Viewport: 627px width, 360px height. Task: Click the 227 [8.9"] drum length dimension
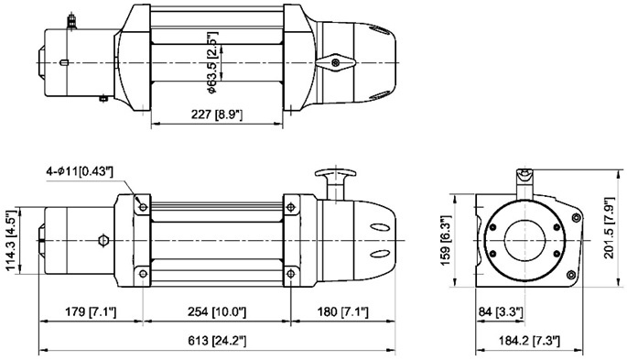pyautogui.click(x=217, y=115)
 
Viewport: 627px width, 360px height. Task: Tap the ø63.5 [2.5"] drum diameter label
pyautogui.click(x=212, y=62)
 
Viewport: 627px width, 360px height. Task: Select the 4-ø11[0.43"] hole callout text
pyautogui.click(x=80, y=172)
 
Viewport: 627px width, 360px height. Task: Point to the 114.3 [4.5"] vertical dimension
pyautogui.click(x=11, y=240)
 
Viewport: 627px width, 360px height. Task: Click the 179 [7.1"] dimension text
pyautogui.click(x=91, y=311)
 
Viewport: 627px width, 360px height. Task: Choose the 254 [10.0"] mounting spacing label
pyautogui.click(x=217, y=311)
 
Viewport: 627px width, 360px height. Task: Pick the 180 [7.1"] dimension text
pyautogui.click(x=342, y=311)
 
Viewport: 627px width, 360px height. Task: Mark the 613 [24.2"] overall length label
pyautogui.click(x=217, y=341)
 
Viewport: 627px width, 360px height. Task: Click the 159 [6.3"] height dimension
pyautogui.click(x=446, y=240)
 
